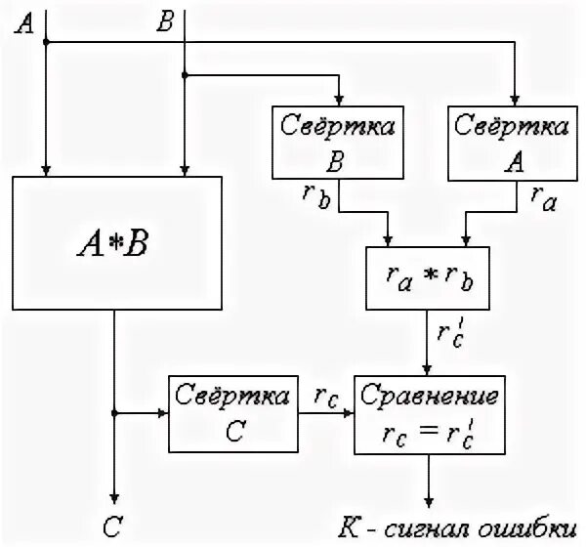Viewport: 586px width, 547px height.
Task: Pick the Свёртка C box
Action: (x=231, y=413)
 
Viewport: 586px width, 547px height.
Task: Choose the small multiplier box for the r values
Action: (x=427, y=276)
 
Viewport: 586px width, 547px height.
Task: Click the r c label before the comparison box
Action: (x=324, y=395)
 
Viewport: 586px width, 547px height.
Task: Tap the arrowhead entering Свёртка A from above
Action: (x=515, y=98)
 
